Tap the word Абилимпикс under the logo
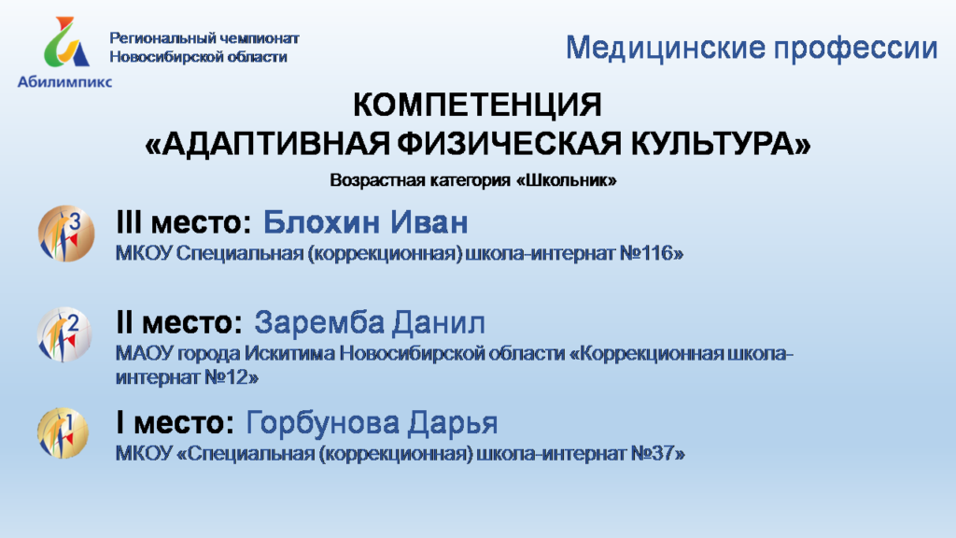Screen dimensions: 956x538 click(64, 82)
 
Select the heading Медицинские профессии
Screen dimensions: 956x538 click(752, 48)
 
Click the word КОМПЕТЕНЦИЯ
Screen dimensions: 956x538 click(477, 105)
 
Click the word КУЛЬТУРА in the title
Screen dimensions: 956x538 click(721, 143)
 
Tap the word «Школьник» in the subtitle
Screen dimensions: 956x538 click(567, 180)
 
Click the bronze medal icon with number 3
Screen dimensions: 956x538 click(66, 234)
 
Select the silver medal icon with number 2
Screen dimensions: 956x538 click(64, 335)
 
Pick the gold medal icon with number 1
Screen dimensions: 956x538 click(63, 433)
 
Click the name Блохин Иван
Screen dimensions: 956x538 click(366, 222)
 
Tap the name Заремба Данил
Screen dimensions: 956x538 click(370, 322)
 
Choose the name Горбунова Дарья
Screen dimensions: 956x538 click(372, 423)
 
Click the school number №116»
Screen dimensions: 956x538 click(651, 253)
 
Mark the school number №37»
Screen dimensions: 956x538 click(657, 454)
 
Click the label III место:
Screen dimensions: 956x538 click(184, 222)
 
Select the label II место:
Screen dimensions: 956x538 click(179, 322)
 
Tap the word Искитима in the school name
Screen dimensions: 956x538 click(289, 354)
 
